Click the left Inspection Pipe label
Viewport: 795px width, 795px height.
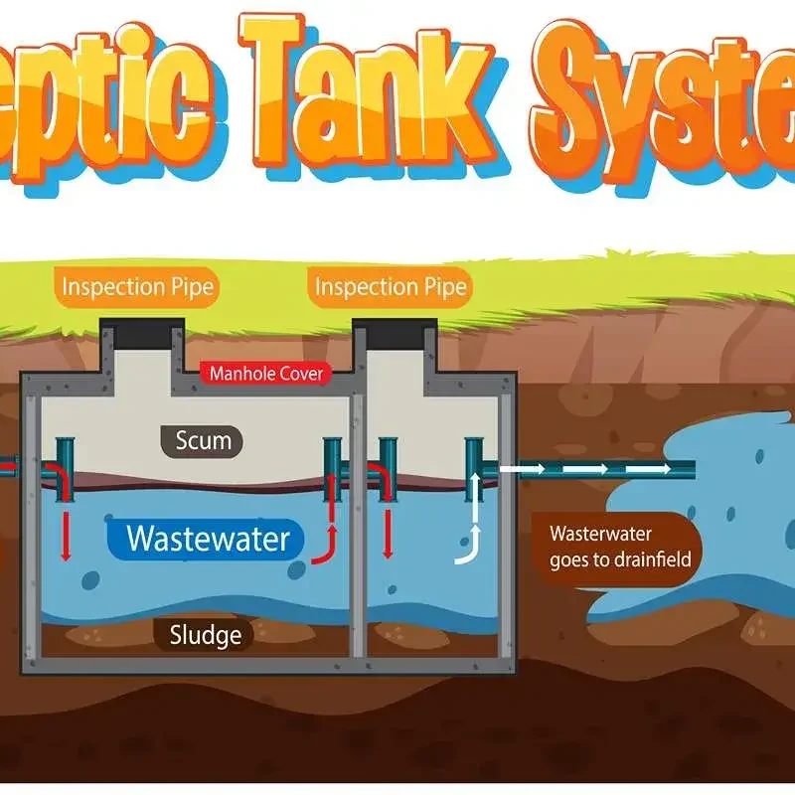pos(137,288)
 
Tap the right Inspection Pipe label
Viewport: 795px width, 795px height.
pos(391,288)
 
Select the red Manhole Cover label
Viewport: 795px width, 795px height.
pos(266,375)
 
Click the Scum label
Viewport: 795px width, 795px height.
pos(202,440)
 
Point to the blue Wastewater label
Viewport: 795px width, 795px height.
pos(208,539)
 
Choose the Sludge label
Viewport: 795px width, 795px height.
pos(203,633)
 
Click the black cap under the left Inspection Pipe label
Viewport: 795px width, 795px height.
pos(143,329)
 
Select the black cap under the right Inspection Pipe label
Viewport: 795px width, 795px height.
pos(395,329)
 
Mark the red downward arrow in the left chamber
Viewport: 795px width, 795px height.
pos(66,537)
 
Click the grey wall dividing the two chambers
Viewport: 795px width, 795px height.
pos(358,517)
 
